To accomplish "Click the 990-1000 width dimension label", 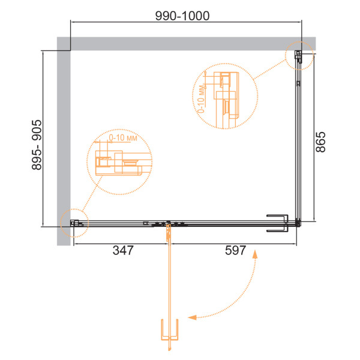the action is pos(182,16).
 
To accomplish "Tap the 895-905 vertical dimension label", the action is pos(37,145).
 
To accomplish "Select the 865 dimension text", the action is pos(320,142).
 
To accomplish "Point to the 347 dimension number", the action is pos(123,250).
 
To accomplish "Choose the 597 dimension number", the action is pos(235,250).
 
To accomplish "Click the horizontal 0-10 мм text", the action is pos(123,138).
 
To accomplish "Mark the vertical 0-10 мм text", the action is pos(200,99).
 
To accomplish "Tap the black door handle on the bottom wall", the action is pos(277,223).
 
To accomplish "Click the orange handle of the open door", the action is pos(170,329).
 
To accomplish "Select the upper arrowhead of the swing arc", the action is pos(255,254).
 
